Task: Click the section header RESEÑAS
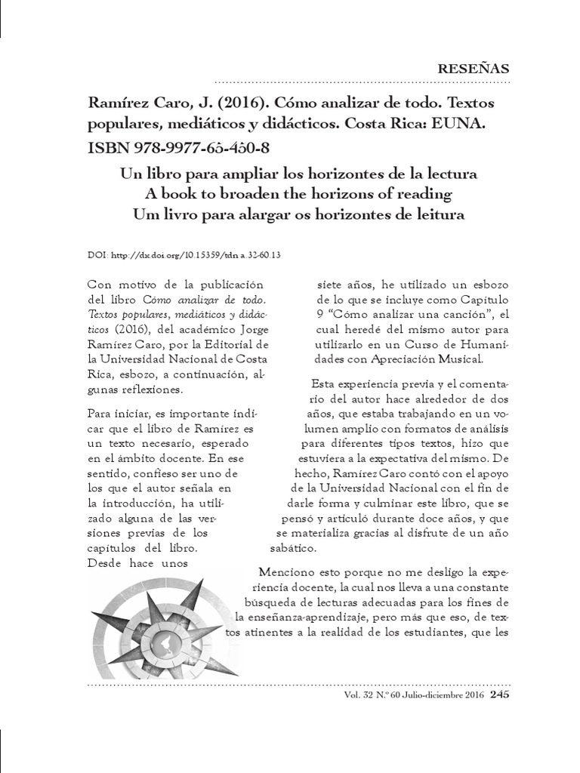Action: (474, 69)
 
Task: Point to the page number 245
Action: (499, 695)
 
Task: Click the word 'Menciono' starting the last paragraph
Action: (284, 571)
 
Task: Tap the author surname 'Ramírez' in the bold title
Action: (116, 101)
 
